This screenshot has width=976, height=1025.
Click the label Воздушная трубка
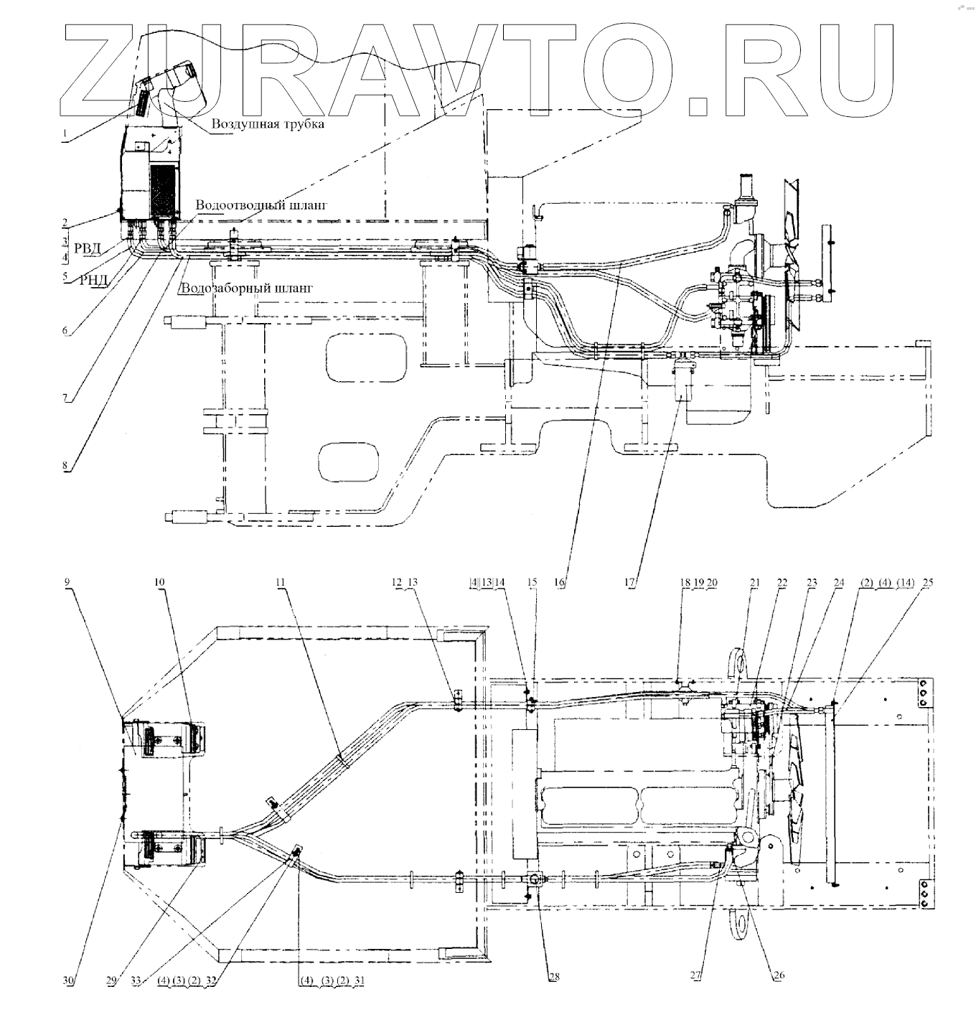(268, 123)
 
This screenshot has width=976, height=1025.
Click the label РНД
(93, 280)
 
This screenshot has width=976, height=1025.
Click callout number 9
(67, 583)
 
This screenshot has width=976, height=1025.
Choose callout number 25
(928, 583)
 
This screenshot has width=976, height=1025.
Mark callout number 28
(554, 976)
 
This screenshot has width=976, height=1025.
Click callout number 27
(695, 976)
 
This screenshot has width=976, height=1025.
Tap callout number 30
(67, 980)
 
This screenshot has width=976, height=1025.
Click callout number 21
(754, 583)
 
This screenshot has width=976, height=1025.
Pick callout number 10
(160, 583)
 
